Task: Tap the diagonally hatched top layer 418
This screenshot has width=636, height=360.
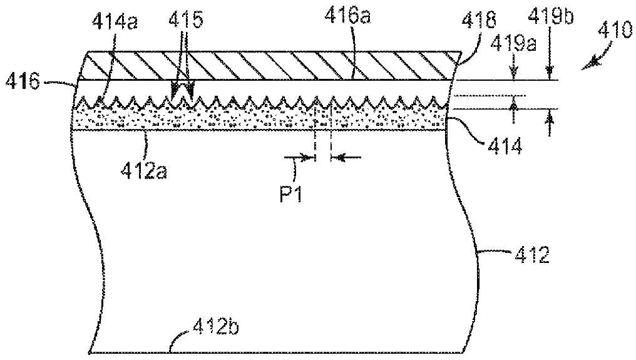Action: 269,65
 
